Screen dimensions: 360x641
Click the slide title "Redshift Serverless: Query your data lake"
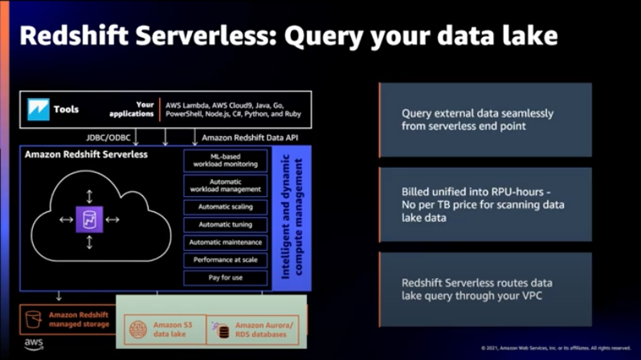[288, 36]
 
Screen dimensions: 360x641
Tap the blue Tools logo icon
[38, 109]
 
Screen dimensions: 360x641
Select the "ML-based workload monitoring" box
[224, 160]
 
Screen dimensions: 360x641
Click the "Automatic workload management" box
[224, 186]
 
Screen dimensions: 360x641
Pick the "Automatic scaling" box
[224, 207]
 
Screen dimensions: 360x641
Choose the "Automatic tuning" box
[224, 224]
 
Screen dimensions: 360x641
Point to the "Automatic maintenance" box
[224, 242]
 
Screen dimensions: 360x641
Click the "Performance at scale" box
[224, 260]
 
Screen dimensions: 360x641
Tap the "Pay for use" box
[224, 277]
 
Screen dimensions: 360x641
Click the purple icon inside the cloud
[88, 219]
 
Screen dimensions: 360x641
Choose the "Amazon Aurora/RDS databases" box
[255, 330]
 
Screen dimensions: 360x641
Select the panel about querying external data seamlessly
[484, 120]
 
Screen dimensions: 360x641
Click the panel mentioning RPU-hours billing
[484, 205]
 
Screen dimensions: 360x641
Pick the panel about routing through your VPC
[484, 289]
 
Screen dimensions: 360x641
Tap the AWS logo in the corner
[33, 345]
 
